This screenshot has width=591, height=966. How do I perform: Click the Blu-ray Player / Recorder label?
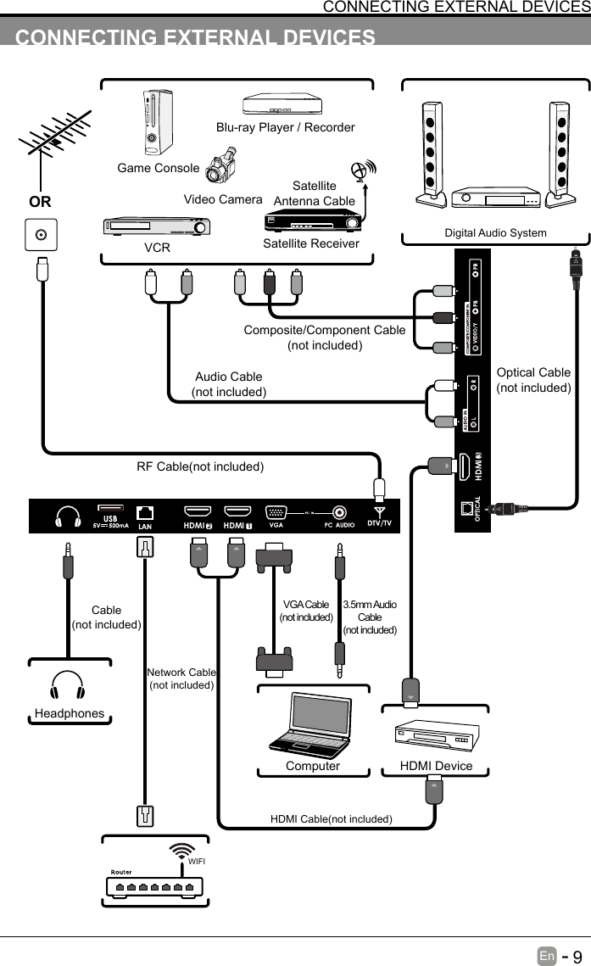pyautogui.click(x=285, y=127)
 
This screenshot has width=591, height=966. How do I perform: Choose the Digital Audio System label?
pyautogui.click(x=495, y=232)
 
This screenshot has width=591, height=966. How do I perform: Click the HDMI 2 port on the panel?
pyautogui.click(x=198, y=512)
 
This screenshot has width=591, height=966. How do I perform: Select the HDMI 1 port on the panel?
pyautogui.click(x=237, y=512)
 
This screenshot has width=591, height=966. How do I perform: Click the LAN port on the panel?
pyautogui.click(x=145, y=512)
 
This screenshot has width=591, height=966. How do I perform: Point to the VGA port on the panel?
pyautogui.click(x=276, y=512)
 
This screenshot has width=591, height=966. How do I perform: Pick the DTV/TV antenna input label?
pyautogui.click(x=379, y=523)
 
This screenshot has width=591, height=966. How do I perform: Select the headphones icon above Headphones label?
pyautogui.click(x=68, y=685)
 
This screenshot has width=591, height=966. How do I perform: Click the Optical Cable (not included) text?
pyautogui.click(x=533, y=380)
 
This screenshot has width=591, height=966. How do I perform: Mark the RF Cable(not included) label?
pyautogui.click(x=200, y=466)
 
